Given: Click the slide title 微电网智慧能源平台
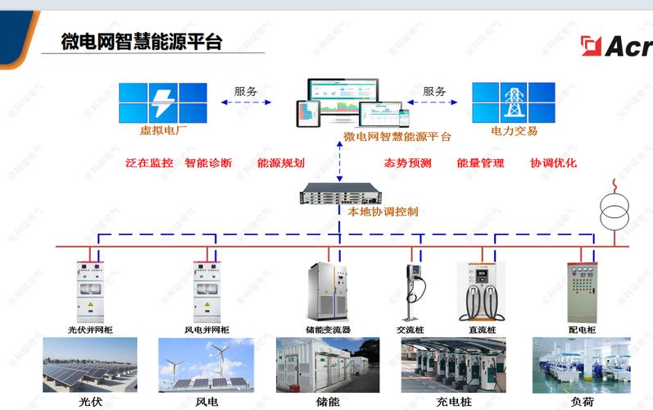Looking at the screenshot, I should click(142, 42).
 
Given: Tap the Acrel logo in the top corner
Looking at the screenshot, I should click(615, 46).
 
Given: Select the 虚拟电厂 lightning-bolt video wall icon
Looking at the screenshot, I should click(162, 102).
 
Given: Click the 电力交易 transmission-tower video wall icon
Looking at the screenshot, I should click(514, 102).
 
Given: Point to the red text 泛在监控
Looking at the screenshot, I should click(149, 163).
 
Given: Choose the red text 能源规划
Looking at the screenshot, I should click(280, 163).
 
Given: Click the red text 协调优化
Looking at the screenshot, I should click(553, 163).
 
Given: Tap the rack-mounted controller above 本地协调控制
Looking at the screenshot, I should click(338, 195).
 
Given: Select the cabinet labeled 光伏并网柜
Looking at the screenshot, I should click(90, 291).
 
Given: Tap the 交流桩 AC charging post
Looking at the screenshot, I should click(413, 291).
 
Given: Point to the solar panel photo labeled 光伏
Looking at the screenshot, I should click(90, 365).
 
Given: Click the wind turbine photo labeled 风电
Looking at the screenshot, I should click(206, 365).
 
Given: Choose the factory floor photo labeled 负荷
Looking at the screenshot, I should click(582, 365).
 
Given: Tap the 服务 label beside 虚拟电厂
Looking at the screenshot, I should click(245, 91).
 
